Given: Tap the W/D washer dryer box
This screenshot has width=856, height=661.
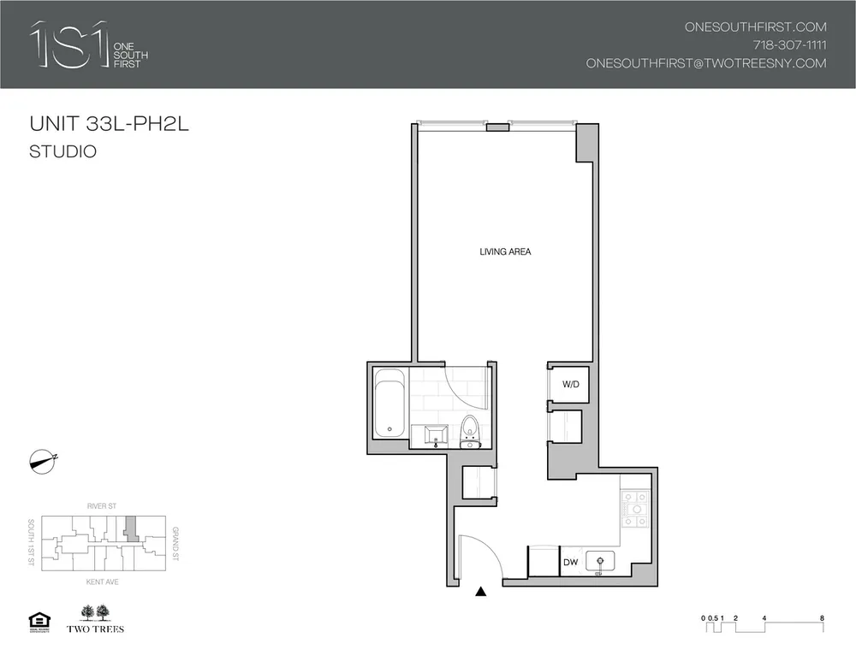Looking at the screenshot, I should click(x=570, y=385).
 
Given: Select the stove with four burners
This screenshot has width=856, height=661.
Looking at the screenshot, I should click(x=636, y=511).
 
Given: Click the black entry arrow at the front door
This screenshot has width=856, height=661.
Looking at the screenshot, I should click(x=480, y=591).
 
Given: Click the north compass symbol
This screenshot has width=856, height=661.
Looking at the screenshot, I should click(x=41, y=460).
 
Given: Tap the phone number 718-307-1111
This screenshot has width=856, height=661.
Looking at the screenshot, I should click(x=788, y=44).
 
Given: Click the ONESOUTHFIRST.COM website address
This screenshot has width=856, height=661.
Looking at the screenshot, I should click(x=755, y=27).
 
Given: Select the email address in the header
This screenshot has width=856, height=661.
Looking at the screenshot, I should click(x=705, y=63).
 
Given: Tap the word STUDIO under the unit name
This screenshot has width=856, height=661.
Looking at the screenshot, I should click(x=62, y=153).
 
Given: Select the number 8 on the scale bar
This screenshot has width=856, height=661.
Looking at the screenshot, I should click(x=822, y=616).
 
